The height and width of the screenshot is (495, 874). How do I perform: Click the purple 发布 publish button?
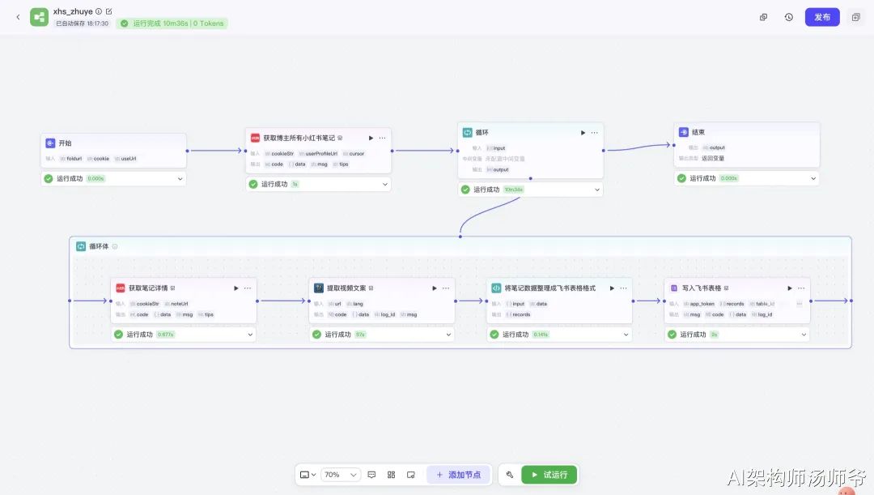point(822,17)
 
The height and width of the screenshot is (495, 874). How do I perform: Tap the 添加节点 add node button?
point(458,475)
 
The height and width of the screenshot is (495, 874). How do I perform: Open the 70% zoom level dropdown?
point(341,475)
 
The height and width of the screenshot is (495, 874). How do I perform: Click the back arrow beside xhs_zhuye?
point(18,17)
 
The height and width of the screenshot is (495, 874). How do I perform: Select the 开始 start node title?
point(65,143)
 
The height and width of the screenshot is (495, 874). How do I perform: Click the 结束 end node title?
point(698,132)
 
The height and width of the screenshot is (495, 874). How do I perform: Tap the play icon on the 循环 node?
point(583,133)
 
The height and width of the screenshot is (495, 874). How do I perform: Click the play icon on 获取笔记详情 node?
point(236,288)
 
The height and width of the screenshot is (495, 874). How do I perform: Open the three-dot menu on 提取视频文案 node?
point(446,288)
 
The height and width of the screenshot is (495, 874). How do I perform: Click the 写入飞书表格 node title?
point(701,288)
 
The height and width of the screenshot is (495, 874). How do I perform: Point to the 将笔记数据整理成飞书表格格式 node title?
point(549,288)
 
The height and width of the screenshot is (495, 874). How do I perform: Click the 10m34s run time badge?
point(513,190)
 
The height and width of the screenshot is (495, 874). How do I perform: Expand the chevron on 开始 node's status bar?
point(180,178)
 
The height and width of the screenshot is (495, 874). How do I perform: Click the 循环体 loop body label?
point(99,246)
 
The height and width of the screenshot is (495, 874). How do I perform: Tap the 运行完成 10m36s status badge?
point(172,23)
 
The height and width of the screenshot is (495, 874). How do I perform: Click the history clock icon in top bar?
point(789,17)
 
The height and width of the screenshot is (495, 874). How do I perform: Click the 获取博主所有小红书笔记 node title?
point(299,138)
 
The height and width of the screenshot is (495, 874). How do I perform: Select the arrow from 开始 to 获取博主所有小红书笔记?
point(215,151)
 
